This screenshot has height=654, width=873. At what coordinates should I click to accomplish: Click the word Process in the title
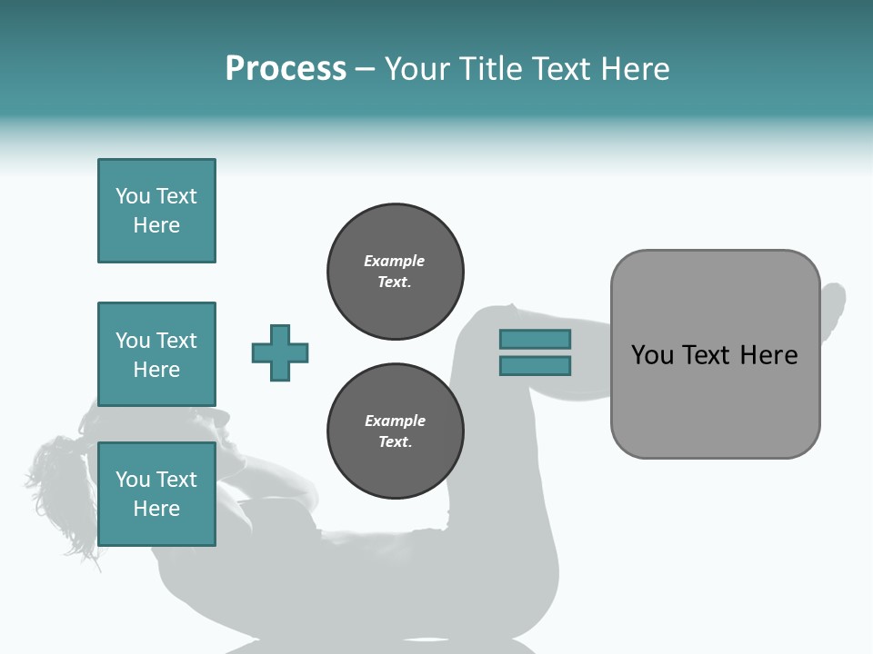(x=286, y=69)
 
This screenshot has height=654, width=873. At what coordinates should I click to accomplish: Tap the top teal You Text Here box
(x=156, y=211)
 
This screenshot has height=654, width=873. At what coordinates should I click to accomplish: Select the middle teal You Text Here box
(x=156, y=354)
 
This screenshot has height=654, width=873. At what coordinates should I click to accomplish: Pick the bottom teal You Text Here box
(x=156, y=494)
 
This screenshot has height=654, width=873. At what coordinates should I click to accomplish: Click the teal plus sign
(x=280, y=352)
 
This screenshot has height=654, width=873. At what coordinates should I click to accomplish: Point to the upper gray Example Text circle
(x=395, y=272)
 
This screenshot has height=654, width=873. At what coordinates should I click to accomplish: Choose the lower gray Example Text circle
(x=395, y=431)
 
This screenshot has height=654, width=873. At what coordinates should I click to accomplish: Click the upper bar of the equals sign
(x=535, y=339)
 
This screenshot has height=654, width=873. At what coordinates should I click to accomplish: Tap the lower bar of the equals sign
(x=535, y=365)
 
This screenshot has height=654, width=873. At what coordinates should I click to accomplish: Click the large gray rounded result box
(x=715, y=400)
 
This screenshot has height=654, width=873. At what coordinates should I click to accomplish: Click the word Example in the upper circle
(x=394, y=261)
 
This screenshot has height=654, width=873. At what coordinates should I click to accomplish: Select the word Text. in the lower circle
(x=395, y=441)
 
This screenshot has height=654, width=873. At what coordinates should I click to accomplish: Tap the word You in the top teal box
(x=132, y=196)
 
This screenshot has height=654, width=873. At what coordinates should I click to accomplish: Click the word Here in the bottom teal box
(x=156, y=509)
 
